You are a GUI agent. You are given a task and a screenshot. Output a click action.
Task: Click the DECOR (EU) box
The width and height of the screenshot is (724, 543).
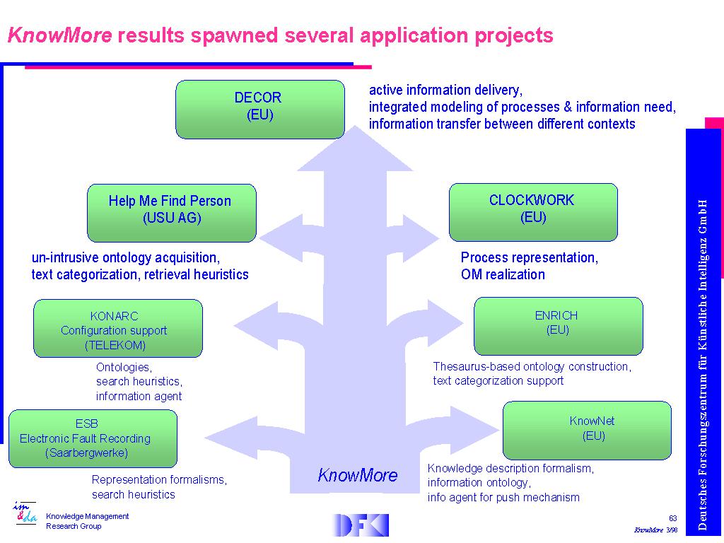point(260,110)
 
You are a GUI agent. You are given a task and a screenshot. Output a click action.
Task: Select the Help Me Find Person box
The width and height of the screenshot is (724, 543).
point(172,213)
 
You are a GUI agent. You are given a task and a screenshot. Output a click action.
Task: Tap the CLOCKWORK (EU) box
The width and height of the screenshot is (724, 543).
point(533,212)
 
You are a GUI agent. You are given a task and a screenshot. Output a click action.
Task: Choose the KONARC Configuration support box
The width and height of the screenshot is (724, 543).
point(118,328)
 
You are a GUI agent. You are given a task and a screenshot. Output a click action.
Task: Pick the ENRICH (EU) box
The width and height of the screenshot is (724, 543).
point(559,327)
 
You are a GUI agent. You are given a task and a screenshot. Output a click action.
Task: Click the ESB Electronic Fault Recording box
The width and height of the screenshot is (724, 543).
point(93,438)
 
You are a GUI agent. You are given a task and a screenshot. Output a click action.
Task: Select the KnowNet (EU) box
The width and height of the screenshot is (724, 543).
point(587,431)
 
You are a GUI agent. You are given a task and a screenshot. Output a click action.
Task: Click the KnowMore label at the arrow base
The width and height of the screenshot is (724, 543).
point(357,475)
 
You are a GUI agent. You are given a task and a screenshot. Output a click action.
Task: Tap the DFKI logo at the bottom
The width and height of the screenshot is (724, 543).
point(360,525)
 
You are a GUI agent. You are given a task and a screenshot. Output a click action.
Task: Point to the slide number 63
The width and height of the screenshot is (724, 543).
point(673,518)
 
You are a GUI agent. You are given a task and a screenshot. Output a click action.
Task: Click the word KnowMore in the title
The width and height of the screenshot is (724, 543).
point(59,35)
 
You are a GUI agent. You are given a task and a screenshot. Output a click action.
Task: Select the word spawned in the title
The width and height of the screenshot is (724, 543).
point(235,36)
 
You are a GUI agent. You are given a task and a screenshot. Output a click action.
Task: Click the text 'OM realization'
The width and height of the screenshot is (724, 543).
point(503,274)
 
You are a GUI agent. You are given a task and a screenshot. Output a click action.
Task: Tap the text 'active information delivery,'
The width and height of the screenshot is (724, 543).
point(445,90)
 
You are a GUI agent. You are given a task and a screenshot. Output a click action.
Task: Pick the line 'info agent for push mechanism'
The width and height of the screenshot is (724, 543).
point(503,497)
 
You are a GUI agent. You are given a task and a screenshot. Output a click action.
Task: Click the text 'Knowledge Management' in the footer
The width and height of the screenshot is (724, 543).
point(87,516)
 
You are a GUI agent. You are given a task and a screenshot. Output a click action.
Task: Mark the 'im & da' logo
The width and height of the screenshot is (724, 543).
point(25,513)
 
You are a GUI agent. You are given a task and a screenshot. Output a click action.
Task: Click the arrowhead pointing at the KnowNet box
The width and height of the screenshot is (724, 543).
point(474,429)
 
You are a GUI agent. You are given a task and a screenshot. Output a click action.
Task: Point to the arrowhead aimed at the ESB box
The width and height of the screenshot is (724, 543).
point(231,438)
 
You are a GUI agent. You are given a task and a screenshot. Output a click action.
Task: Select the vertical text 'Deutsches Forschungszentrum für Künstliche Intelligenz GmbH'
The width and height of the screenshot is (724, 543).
point(702,365)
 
